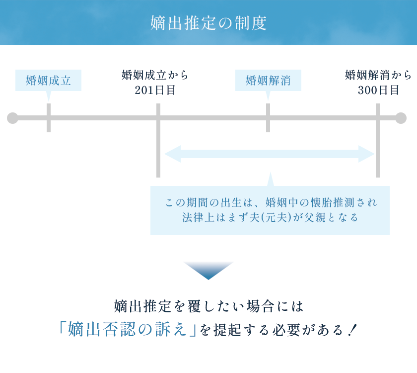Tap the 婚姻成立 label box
(x=48, y=80)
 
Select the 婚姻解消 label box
(x=268, y=80)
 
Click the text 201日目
(x=155, y=90)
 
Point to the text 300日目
(x=378, y=90)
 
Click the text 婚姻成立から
(x=155, y=76)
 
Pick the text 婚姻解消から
(x=378, y=76)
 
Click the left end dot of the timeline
(x=13, y=118)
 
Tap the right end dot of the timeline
(x=401, y=118)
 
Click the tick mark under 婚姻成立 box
(x=49, y=118)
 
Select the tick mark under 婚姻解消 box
(x=268, y=118)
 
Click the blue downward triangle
(x=208, y=270)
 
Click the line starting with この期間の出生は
(x=271, y=203)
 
